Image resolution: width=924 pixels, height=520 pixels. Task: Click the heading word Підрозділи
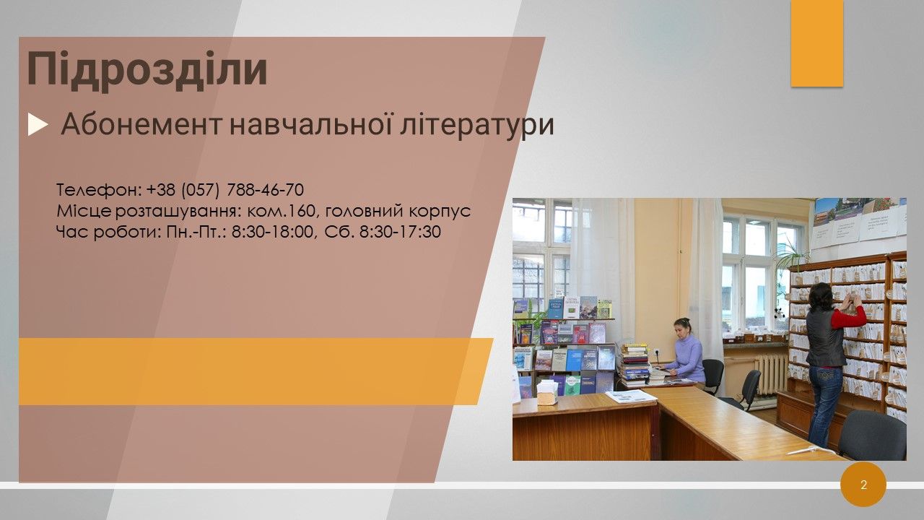[x=147, y=70]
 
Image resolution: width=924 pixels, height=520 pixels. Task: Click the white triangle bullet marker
[x=38, y=125]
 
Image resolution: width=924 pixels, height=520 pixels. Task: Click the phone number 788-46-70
[x=265, y=189]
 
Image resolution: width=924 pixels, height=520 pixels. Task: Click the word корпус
[x=440, y=212]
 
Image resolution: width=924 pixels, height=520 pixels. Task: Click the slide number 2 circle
[x=863, y=485]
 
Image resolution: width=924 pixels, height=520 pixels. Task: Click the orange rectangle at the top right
[x=816, y=43]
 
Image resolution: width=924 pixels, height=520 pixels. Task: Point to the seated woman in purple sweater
[x=687, y=352]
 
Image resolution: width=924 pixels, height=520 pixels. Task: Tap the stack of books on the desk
[x=635, y=365]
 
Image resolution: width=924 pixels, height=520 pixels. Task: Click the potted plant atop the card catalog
[x=791, y=253]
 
